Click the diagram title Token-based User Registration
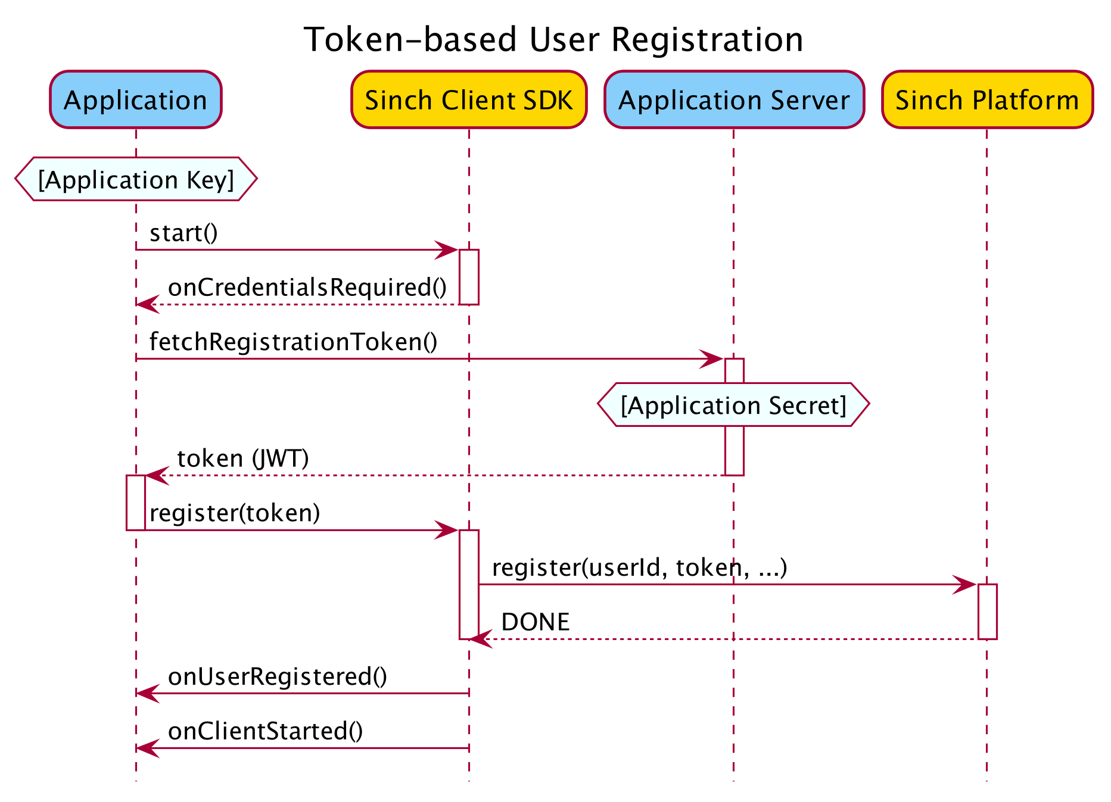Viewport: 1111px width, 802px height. [x=553, y=40]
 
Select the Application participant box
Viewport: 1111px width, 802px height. [x=136, y=100]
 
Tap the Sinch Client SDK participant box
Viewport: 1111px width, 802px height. [x=469, y=100]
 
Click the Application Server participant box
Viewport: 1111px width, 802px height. [x=734, y=100]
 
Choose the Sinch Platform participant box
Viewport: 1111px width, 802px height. [x=987, y=100]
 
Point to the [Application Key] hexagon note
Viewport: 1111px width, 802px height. [x=136, y=179]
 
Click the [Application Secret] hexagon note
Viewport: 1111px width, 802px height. [x=733, y=405]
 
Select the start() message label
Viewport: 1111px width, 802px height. [x=183, y=233]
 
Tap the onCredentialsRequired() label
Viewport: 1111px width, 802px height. [x=307, y=288]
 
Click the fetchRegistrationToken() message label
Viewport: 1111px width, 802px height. [x=293, y=342]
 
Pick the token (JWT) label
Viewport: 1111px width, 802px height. [x=243, y=458]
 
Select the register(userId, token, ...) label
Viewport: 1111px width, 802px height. [x=640, y=568]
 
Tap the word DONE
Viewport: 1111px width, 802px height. [x=536, y=622]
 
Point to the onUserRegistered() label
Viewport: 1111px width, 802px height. [x=278, y=677]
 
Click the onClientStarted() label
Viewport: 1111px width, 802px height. [x=266, y=732]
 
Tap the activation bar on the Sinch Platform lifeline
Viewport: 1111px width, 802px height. [x=987, y=611]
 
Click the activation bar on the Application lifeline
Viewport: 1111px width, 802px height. [x=136, y=503]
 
